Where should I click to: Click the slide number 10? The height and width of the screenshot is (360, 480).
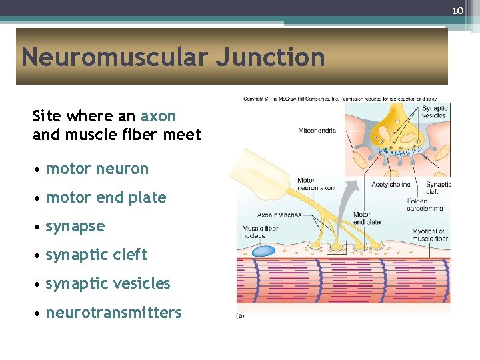[457, 10]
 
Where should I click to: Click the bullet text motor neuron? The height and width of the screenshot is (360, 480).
[97, 169]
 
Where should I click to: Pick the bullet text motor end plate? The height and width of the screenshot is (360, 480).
[106, 197]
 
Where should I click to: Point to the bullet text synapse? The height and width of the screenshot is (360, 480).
[75, 226]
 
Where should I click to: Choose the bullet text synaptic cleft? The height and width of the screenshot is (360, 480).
[96, 255]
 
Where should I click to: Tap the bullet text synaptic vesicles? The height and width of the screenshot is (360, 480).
[108, 283]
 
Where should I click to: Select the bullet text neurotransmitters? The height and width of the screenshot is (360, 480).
[113, 312]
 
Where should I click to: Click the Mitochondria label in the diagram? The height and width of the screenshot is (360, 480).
[317, 131]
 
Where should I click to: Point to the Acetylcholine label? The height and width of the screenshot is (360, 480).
[390, 185]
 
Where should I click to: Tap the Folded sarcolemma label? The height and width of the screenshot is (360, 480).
[425, 205]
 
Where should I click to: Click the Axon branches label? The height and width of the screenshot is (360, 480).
[279, 215]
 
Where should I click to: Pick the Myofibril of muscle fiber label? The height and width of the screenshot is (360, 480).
[430, 235]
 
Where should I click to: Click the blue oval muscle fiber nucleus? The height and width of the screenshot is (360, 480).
[264, 251]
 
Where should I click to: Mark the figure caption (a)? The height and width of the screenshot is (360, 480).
[240, 315]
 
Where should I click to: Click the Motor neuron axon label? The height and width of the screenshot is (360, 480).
[315, 184]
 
